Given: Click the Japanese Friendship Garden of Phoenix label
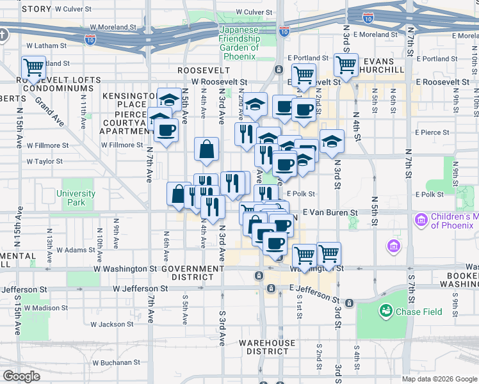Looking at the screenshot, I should coord(239,43).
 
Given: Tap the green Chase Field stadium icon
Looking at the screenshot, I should coord(386,312).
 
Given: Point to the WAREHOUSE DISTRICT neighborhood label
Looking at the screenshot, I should coord(268,347).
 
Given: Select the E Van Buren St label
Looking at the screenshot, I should coord(330,212).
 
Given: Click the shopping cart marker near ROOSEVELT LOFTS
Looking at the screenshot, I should coord(33,67).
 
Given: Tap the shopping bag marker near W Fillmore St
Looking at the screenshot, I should coord(207,150).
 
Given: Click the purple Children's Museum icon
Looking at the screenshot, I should coord(421,221).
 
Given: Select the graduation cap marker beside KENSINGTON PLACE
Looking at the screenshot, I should coord(169,100).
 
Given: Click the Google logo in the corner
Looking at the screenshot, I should coord(21,376).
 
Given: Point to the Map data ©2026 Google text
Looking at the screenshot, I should coord(439,379).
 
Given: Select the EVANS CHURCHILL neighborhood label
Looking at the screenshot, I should coord(384,65).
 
